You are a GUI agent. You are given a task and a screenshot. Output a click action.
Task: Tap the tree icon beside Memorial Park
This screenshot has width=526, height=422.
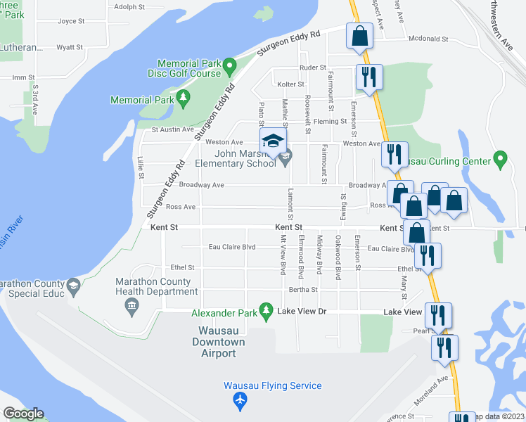pos(184,98)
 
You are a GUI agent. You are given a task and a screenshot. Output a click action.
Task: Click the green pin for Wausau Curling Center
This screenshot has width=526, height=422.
pos(500,160)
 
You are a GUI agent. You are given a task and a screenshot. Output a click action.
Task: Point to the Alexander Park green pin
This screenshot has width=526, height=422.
pos(265,309)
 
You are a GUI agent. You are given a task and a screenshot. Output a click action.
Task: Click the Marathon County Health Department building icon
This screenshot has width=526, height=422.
pos(131,305)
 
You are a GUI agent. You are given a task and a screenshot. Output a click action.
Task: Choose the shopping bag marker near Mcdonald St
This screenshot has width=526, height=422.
pos(359,37)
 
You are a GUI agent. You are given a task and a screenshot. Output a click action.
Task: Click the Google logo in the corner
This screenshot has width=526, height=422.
pos(23,414)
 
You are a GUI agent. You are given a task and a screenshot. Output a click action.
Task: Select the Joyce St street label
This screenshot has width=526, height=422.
pos(71,21)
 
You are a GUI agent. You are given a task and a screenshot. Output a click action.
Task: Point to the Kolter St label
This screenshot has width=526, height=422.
pos(290,84)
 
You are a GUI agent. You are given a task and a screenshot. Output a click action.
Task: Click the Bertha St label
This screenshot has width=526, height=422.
pos(304,289)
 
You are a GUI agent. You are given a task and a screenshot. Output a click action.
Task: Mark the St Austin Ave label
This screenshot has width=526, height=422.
pos(172,129)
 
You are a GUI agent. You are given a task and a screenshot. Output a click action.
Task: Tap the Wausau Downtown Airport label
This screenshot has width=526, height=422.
pos(219,343)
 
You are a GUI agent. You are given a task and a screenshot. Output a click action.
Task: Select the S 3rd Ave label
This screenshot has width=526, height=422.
pos(34,96)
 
